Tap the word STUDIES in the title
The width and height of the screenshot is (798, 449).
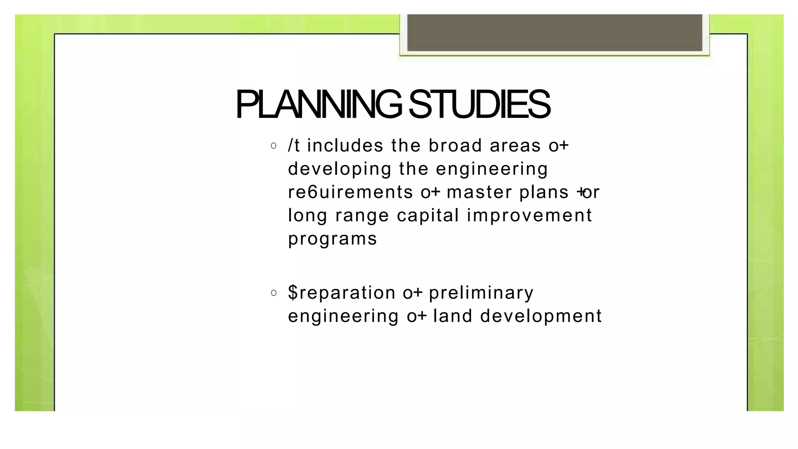[479, 104]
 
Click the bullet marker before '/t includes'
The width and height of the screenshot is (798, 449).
[274, 146]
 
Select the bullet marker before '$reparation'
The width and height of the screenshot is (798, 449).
[274, 293]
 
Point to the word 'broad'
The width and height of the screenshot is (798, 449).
[455, 146]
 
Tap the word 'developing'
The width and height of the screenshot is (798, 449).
[339, 169]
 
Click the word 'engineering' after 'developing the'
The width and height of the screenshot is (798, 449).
[492, 169]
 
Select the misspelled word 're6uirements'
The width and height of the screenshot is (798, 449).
[350, 192]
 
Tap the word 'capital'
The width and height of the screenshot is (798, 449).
[428, 215]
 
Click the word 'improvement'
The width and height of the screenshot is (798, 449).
[529, 215]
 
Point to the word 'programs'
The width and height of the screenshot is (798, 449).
[332, 239]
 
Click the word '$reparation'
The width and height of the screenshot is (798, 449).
[342, 292]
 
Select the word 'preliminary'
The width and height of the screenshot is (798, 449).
[481, 292]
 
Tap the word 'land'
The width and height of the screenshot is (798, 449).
[453, 316]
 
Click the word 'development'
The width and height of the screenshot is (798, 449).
[541, 316]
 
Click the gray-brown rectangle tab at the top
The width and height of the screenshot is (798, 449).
[554, 33]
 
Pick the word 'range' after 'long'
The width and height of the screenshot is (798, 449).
[362, 216]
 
